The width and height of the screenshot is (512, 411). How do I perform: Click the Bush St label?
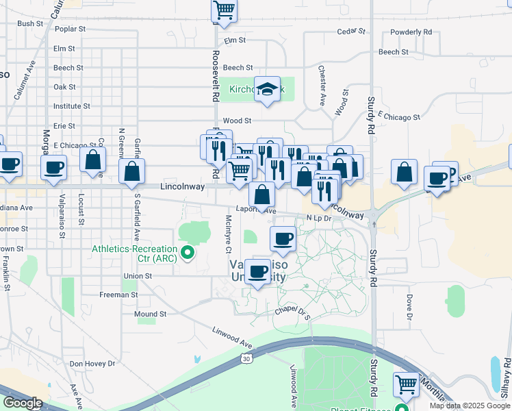pos(30,23)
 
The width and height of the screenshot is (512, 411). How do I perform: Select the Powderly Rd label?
pos(411,32)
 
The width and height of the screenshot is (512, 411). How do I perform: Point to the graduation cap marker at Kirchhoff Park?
pos(268,90)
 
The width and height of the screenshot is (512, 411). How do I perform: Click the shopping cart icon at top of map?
pos(224,10)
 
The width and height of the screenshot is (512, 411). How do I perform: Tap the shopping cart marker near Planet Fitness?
pos(407,385)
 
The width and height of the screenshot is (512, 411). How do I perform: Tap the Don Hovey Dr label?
pos(92,364)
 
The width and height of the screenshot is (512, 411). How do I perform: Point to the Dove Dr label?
pos(410,307)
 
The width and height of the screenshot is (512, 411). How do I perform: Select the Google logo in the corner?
pos(23,403)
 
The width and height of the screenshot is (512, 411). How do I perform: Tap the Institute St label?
pos(72,106)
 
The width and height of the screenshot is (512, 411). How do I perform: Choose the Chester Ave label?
pos(322,86)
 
